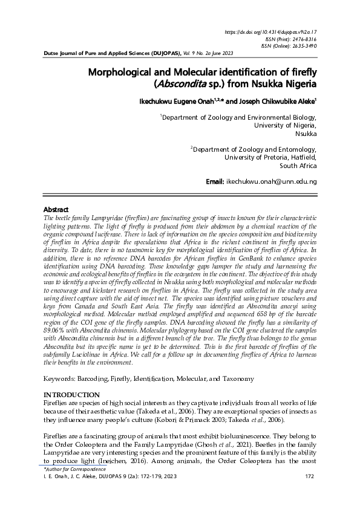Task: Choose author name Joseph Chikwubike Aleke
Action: click(x=273, y=102)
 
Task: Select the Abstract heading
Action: click(x=57, y=209)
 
